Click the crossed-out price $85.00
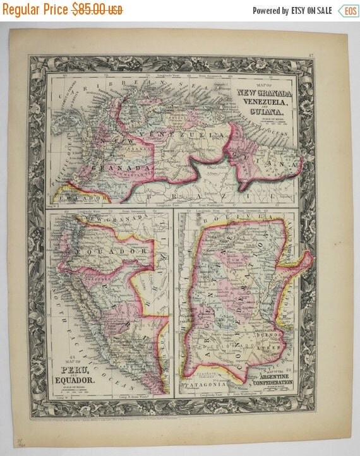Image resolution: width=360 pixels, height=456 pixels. point(98,10)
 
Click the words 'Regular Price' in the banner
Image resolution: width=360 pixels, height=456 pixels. point(35,10)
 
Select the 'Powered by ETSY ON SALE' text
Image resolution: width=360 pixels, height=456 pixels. point(292,10)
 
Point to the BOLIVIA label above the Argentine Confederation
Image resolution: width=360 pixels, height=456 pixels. point(253,218)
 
